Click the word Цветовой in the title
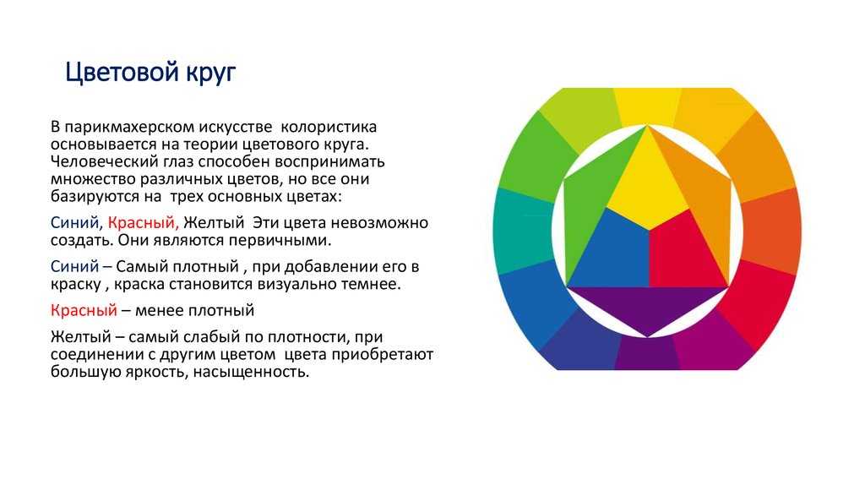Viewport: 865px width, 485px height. click(x=122, y=73)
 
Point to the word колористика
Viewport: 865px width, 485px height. click(x=329, y=127)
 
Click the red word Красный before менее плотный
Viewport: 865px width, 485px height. click(x=84, y=310)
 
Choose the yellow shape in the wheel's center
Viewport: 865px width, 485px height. click(x=648, y=182)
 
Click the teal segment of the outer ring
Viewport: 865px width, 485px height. click(x=524, y=231)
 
